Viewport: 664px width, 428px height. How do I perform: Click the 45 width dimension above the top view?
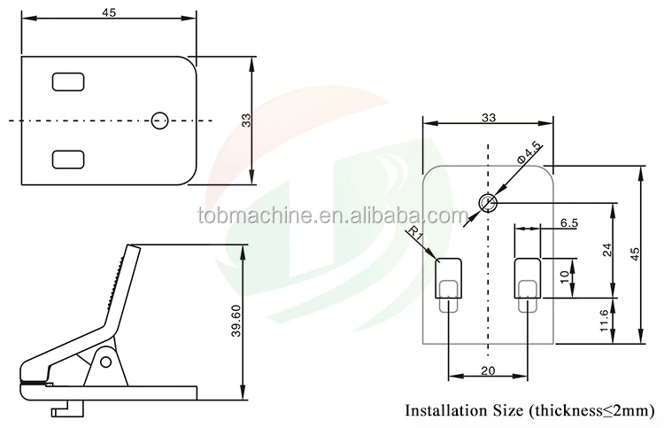109,12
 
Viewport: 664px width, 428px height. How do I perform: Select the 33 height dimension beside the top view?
246,121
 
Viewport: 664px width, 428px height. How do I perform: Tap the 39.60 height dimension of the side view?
235,321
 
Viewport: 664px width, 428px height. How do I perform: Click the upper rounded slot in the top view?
68,82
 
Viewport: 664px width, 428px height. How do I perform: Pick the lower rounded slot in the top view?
68,160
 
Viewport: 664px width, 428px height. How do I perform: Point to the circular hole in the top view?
159,121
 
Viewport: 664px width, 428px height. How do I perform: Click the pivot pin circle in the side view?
105,362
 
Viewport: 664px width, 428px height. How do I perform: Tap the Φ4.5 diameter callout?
529,153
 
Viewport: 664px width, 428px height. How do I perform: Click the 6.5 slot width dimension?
569,223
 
